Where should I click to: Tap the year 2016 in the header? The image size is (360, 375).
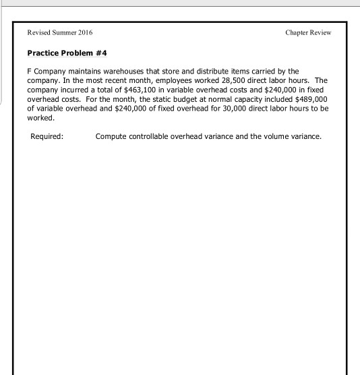[x=85, y=33]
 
